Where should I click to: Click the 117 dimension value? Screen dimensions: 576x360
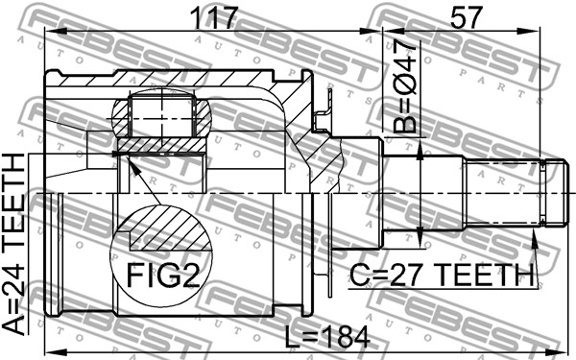tap(214, 17)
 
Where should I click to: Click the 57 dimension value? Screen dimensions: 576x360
tap(465, 17)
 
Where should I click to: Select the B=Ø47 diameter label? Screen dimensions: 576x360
tap(405, 86)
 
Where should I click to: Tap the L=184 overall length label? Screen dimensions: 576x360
tap(327, 338)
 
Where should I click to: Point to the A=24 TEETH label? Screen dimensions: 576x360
tap(13, 244)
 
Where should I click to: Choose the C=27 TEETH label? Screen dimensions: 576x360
tap(442, 275)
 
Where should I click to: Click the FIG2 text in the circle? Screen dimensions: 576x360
tap(163, 276)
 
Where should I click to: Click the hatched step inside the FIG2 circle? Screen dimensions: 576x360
tap(170, 229)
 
